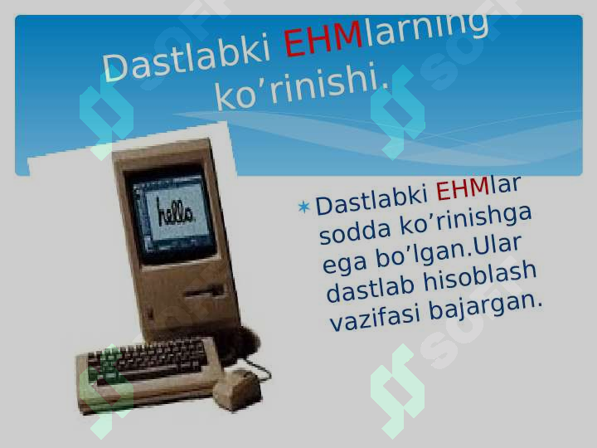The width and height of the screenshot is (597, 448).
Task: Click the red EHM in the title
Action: point(323,38)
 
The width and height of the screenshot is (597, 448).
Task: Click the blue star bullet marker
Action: point(303,207)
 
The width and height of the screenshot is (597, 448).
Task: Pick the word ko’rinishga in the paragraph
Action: point(466,221)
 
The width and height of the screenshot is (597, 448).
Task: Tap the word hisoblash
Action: point(480,275)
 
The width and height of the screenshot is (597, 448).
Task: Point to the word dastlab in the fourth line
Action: point(370,289)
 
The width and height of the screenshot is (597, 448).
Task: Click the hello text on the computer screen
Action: point(175,213)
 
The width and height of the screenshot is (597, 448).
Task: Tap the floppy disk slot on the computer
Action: point(204,291)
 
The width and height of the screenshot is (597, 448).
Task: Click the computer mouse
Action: point(237,389)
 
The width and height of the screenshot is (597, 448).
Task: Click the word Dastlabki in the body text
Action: point(372,200)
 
